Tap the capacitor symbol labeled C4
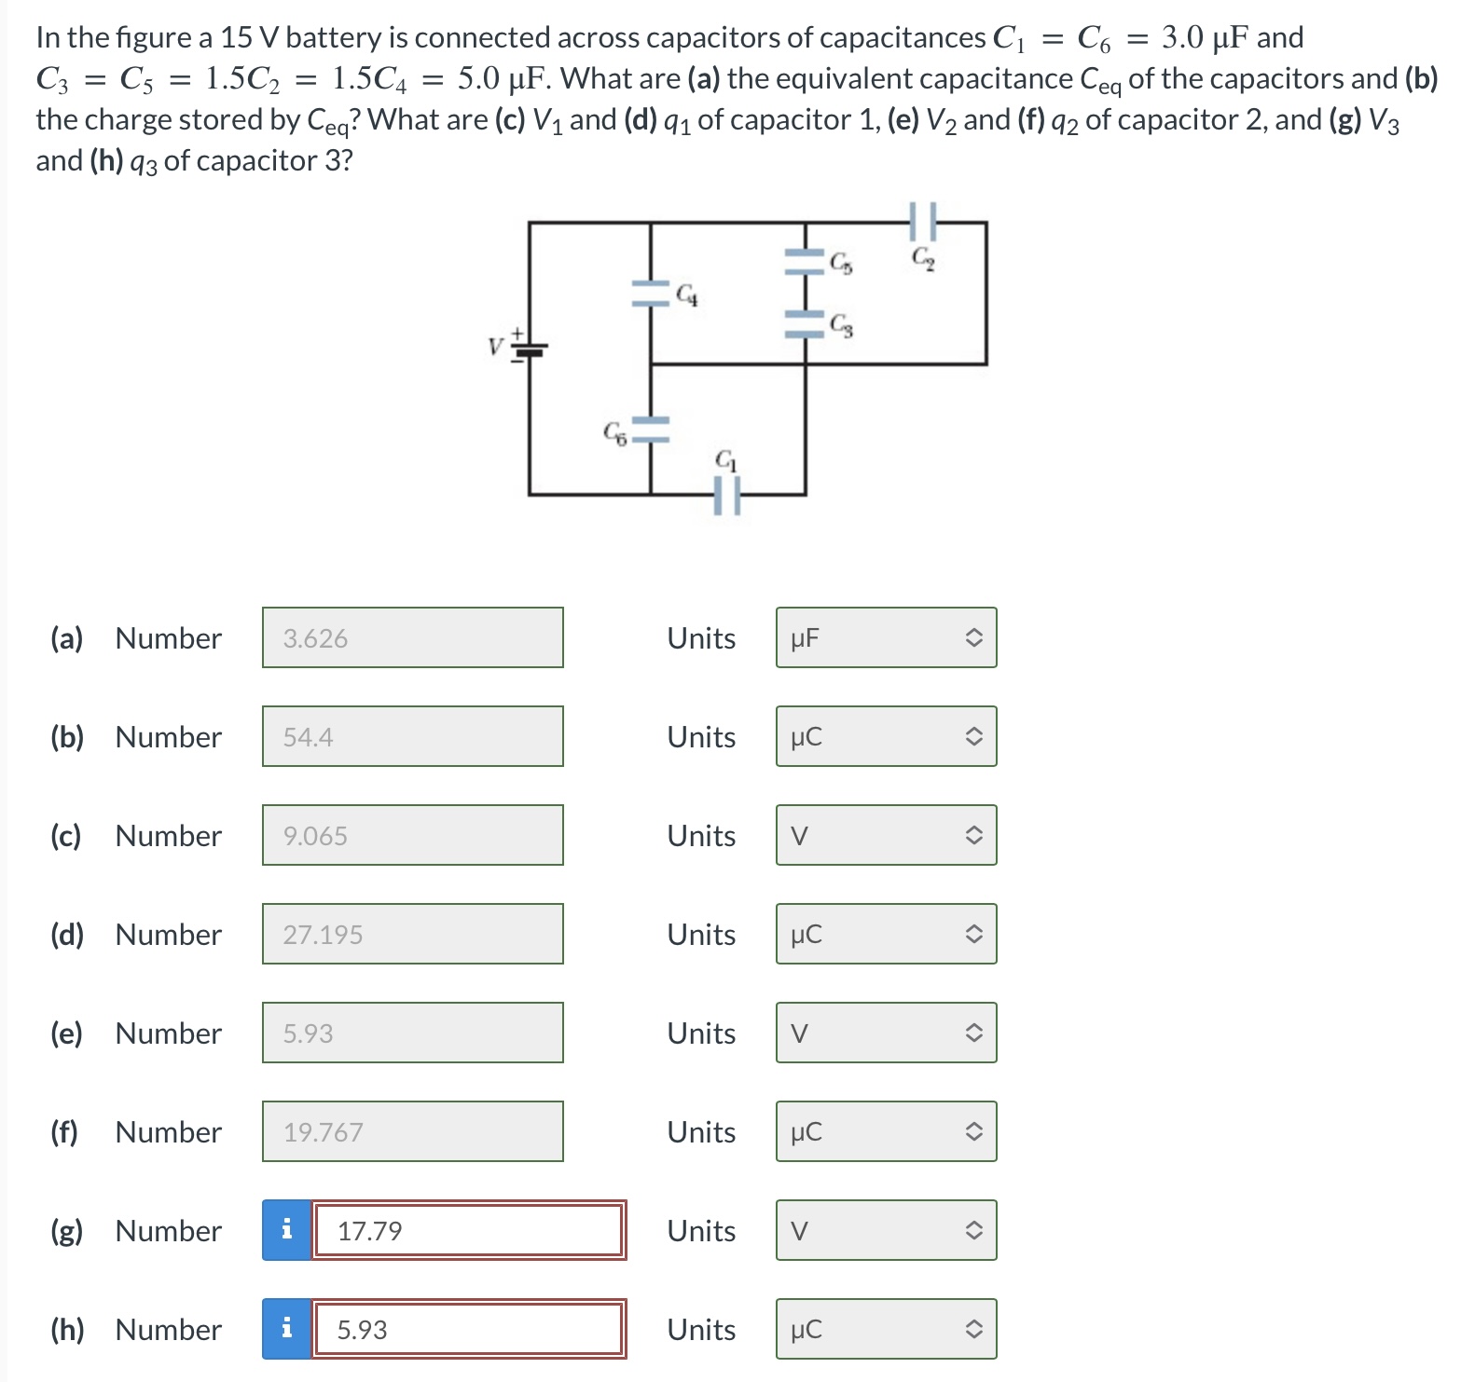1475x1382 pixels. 650,294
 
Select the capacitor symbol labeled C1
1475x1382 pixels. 727,495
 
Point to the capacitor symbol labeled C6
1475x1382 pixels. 650,429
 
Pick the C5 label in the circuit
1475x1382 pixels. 841,264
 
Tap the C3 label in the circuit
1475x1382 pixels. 841,325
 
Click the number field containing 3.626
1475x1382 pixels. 412,638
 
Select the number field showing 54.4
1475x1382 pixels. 412,737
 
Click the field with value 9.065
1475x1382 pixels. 412,836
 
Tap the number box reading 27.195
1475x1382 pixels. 412,935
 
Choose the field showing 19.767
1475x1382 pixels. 412,1132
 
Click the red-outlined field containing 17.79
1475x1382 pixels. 468,1231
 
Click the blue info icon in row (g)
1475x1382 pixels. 286,1231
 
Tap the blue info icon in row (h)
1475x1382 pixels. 286,1330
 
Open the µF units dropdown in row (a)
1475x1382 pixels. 886,638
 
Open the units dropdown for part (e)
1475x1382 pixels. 886,1033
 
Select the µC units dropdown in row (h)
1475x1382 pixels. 886,1330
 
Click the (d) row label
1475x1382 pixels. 67,935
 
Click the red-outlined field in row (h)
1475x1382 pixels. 468,1330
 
